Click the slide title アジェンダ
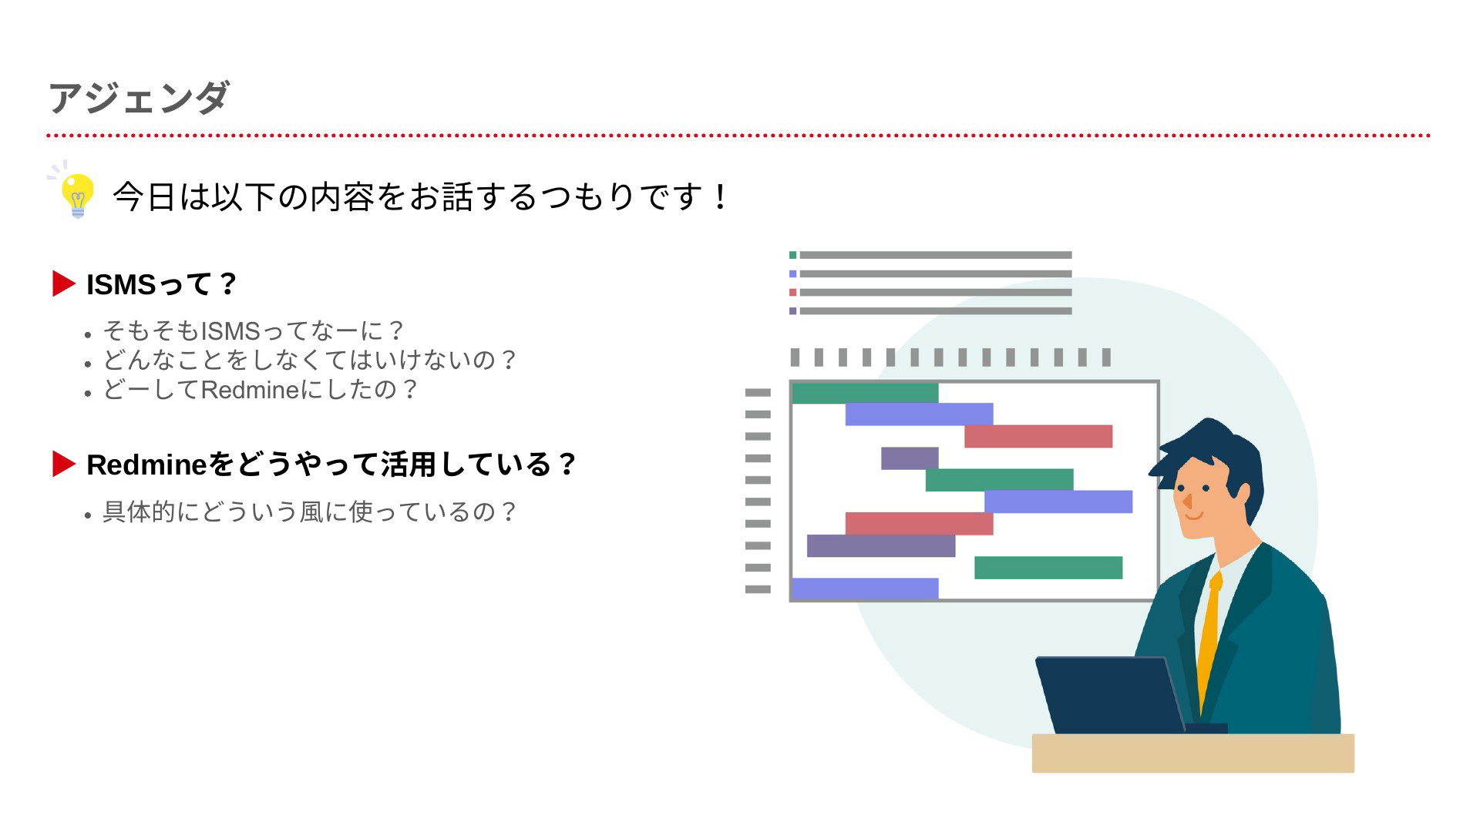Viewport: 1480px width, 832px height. coord(139,98)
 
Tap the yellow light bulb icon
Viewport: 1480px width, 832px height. coord(77,195)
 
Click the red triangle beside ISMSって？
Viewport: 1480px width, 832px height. coord(63,283)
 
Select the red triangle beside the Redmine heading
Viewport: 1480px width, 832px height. coord(63,464)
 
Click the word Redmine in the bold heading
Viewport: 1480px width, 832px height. coord(146,465)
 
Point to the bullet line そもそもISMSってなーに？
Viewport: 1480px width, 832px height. coord(254,330)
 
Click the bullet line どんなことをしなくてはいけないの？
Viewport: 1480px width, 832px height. coord(310,360)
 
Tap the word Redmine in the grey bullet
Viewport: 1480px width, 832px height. coord(250,390)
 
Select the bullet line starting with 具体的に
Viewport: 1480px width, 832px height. coord(310,512)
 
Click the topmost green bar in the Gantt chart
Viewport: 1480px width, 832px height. coord(865,393)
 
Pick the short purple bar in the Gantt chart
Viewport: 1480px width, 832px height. coord(910,458)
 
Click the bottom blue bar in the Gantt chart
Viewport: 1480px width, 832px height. coord(865,589)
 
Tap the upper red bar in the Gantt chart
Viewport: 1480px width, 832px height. coord(1038,436)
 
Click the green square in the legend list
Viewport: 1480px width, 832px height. coord(792,255)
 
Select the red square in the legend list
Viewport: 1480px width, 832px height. coord(792,293)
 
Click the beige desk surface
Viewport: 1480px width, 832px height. coord(1193,753)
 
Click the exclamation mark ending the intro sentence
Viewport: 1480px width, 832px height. coord(721,196)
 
